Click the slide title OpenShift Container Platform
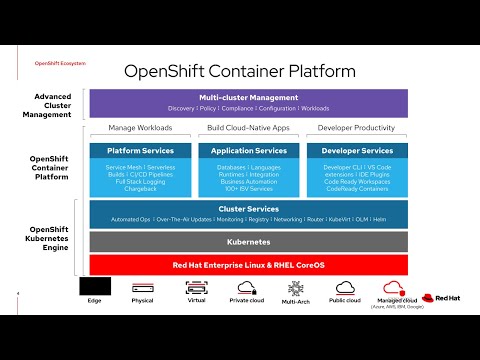coord(239,71)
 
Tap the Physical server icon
coord(142,287)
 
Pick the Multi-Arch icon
coord(295,287)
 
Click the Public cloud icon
coord(345,287)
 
